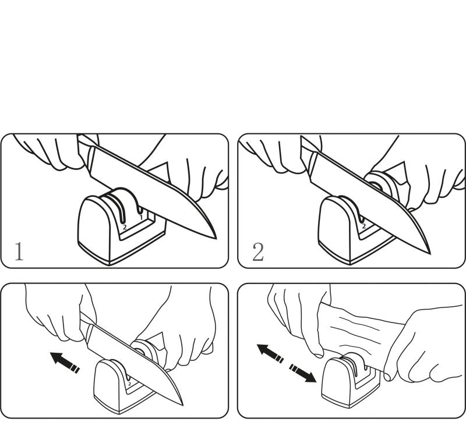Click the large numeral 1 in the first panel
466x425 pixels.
tap(19, 252)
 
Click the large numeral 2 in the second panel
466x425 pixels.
tap(258, 252)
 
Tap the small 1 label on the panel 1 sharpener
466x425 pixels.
tap(141, 217)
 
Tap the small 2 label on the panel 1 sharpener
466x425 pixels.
tap(125, 227)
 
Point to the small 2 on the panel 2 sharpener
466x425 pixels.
tap(363, 226)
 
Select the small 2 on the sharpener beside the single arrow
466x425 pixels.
tap(129, 384)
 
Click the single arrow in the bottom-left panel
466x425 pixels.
tap(65, 362)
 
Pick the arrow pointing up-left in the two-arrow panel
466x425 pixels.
tap(270, 353)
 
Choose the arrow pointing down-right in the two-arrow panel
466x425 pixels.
tap(302, 374)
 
